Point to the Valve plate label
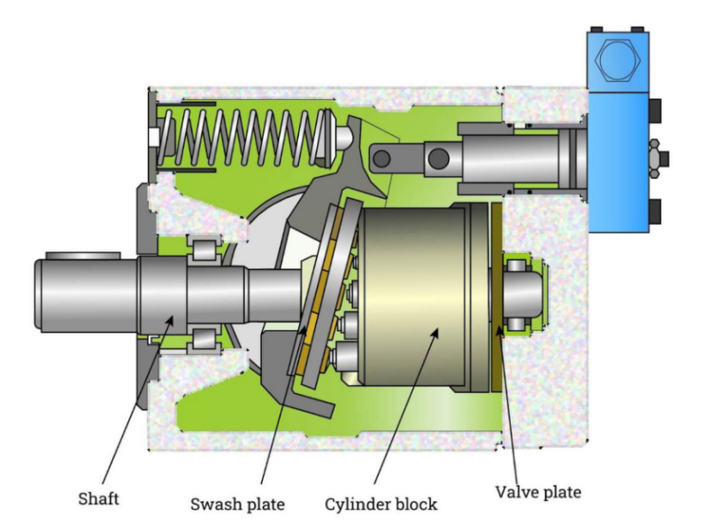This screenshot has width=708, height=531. point(538,489)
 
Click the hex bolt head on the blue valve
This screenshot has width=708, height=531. point(617,63)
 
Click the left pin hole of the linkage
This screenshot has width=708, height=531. point(383,158)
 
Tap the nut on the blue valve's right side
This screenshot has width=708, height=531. point(655,159)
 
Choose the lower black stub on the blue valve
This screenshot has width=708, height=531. point(656,211)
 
